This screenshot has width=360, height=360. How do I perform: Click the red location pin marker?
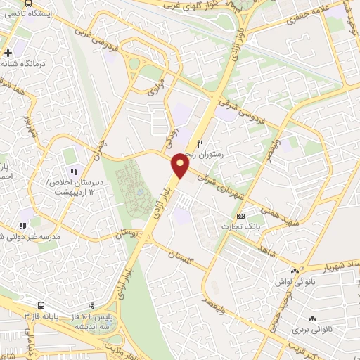[x=181, y=167]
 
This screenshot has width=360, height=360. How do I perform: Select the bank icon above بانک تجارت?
[x=241, y=216]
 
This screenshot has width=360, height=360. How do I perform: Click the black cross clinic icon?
[x=8, y=53]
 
